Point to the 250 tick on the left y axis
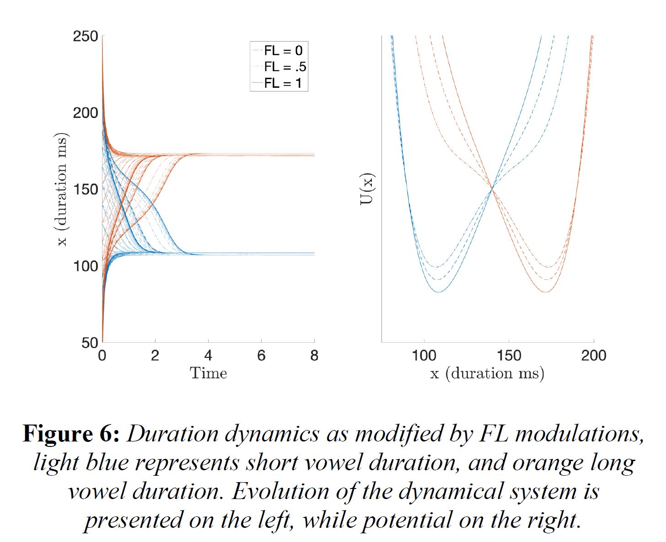coord(86,36)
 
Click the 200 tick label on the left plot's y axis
coord(86,112)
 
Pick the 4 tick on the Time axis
coord(208,356)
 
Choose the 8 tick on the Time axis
coord(314,356)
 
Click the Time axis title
coord(208,373)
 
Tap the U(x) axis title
coord(367,189)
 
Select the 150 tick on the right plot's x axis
coord(509,356)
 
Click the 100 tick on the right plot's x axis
coord(424,356)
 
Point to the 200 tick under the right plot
coord(594,356)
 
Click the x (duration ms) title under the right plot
coord(487,373)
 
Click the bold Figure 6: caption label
coord(71,433)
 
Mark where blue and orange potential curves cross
coord(492,188)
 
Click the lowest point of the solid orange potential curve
coord(546,292)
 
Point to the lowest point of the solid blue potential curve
coord(439,292)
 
